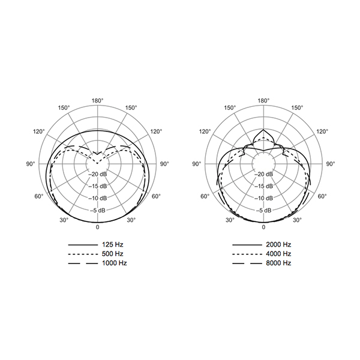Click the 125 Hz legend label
113,245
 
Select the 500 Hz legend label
113,254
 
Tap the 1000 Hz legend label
115,263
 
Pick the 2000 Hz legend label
278,245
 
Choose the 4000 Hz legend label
278,254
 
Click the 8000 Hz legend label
278,263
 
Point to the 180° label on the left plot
98,101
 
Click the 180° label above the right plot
263,101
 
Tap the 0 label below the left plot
98,227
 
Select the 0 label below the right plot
263,227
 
